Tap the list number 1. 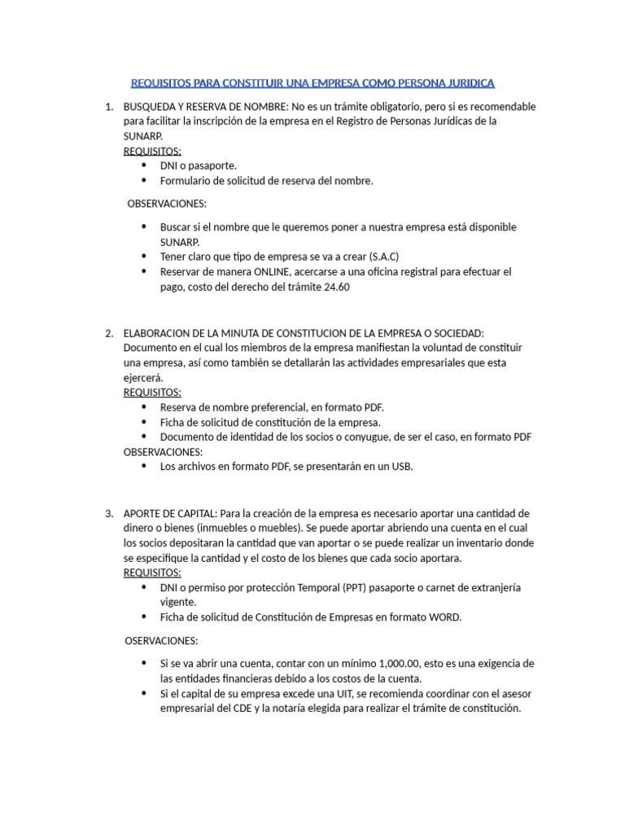(x=109, y=107)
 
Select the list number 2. (x=109, y=332)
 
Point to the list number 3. (x=109, y=513)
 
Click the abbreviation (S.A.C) (x=383, y=257)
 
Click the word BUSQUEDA (x=148, y=107)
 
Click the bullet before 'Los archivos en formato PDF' (x=144, y=467)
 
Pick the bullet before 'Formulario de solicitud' (x=144, y=181)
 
